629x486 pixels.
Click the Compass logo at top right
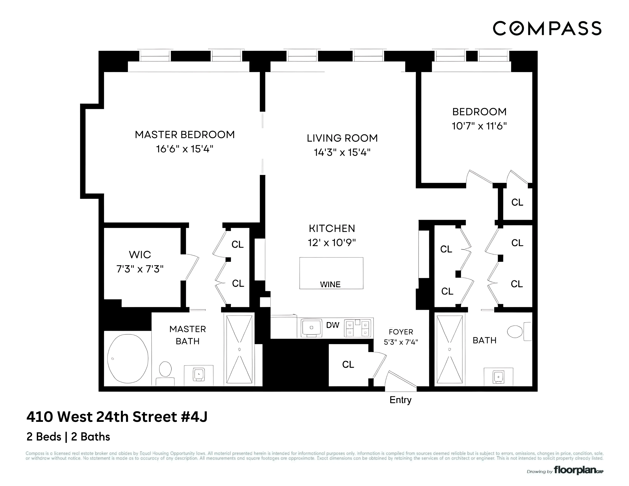click(x=547, y=28)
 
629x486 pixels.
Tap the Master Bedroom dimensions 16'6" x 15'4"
click(x=185, y=149)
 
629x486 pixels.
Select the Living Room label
click(x=342, y=138)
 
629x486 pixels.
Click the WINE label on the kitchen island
click(x=330, y=284)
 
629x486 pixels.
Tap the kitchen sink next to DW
click(x=311, y=328)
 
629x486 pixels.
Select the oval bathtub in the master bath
click(x=128, y=359)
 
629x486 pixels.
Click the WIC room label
click(x=140, y=254)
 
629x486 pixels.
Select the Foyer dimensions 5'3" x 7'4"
click(x=401, y=342)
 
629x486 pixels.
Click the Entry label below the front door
click(x=400, y=400)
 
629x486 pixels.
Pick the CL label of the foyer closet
click(x=348, y=364)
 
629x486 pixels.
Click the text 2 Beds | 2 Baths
click(x=68, y=437)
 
